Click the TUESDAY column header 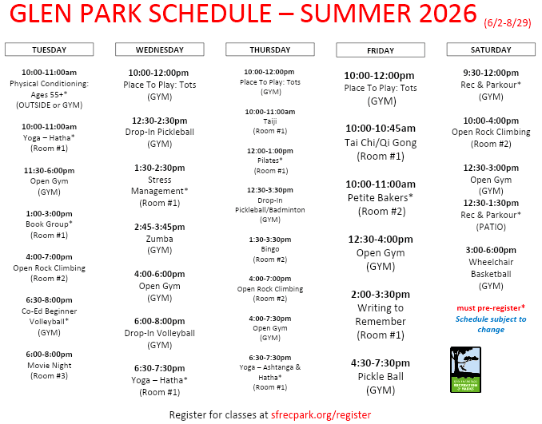pos(49,50)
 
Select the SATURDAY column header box pos(491,50)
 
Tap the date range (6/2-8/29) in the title pos(507,23)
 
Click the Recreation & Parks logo pos(465,370)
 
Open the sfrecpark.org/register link pos(321,414)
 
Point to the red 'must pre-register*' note pos(491,307)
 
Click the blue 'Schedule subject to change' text pos(491,324)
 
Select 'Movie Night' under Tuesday pos(50,365)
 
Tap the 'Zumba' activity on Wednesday pos(159,239)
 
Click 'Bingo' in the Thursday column pos(270,249)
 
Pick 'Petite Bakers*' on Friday pos(381,197)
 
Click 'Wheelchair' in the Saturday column pos(491,262)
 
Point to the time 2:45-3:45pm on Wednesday pos(159,227)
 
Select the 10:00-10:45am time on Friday pos(381,129)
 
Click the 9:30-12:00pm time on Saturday pos(491,73)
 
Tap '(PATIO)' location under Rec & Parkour pos(491,227)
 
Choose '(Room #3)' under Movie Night pos(49,375)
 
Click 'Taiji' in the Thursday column pos(270,121)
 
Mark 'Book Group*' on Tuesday pos(49,224)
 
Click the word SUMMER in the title pos(357,13)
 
